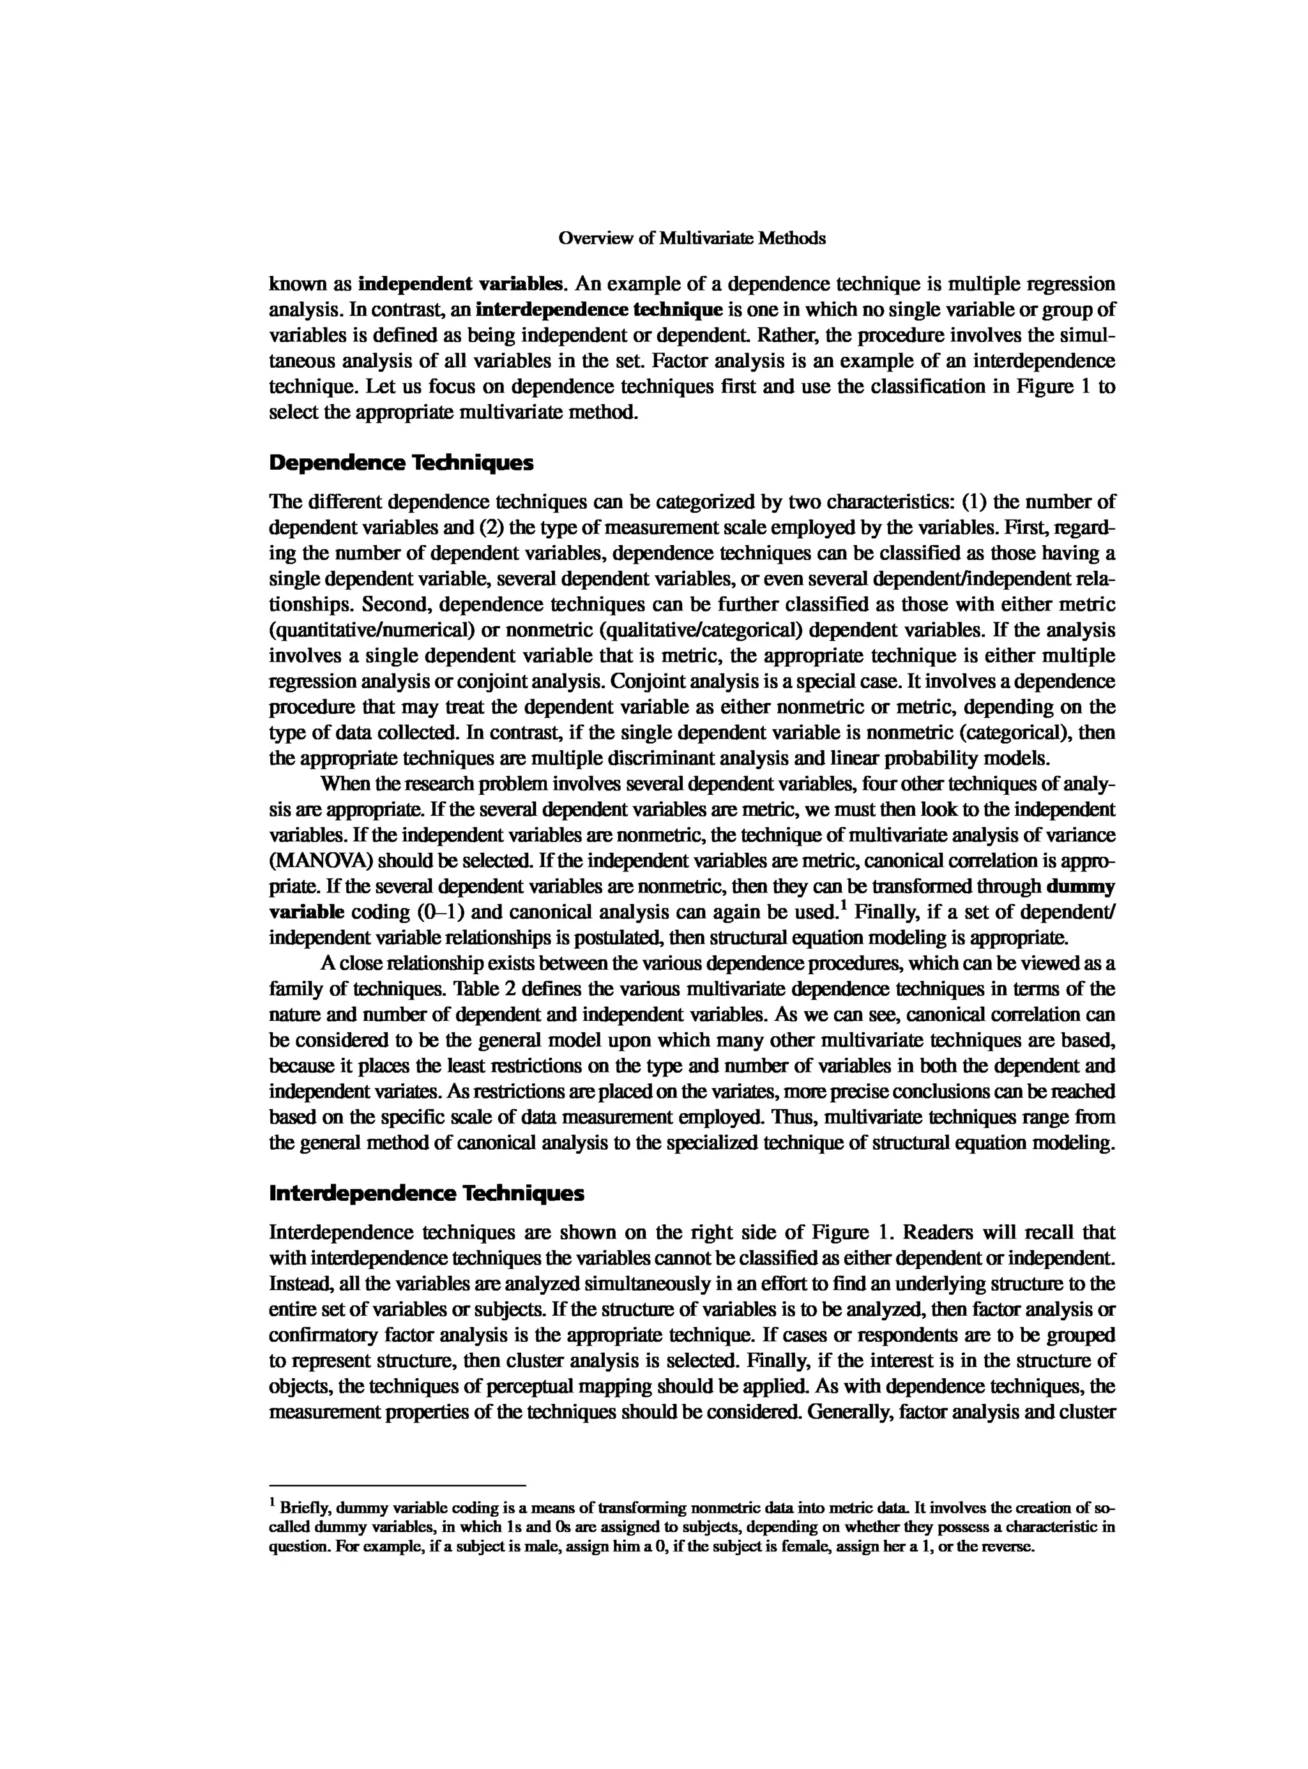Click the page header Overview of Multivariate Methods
pos(692,238)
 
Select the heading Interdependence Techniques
pos(427,1194)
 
